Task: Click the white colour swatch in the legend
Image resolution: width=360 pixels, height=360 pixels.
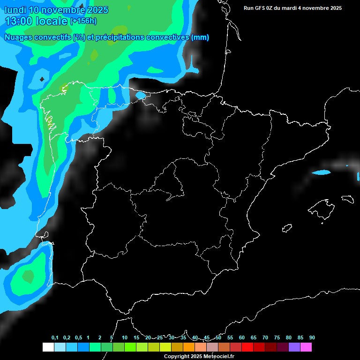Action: tap(48, 347)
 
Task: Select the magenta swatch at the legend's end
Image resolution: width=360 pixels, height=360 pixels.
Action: tap(306, 347)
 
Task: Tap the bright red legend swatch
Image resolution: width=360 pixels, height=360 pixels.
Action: tap(247, 347)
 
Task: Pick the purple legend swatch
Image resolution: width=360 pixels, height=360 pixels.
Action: tap(294, 347)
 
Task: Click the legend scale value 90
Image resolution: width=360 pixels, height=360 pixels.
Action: tap(312, 338)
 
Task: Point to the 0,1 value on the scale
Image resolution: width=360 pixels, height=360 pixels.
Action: tap(55, 338)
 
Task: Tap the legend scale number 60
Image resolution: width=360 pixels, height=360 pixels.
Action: tap(242, 338)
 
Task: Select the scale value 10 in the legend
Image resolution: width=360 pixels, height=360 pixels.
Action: tap(125, 338)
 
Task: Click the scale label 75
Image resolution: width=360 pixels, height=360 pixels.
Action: tap(277, 338)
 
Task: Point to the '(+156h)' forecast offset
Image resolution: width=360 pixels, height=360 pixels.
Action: tap(83, 21)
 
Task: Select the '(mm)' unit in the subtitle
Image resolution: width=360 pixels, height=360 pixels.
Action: tap(200, 37)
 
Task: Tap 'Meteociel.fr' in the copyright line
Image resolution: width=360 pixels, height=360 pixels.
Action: tap(217, 357)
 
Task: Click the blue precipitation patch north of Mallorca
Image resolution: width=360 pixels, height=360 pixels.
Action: tap(321, 172)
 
